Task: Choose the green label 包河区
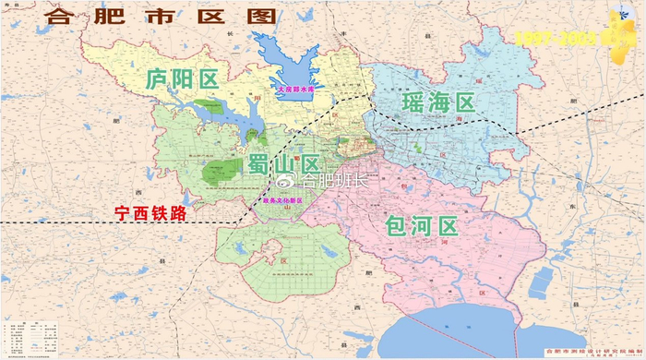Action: [x=422, y=226]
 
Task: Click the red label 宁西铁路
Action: [x=150, y=212]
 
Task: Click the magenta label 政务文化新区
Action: [x=281, y=198]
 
